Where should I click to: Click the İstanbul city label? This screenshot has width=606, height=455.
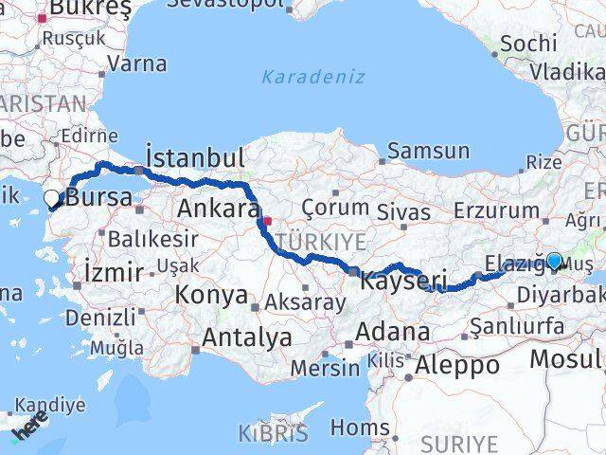pos(195,157)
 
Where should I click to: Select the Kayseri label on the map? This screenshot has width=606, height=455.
pos(404,281)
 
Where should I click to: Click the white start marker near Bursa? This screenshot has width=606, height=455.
pos(52,199)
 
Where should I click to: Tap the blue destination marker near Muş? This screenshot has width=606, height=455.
pos(553,262)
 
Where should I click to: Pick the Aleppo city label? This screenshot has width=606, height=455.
pos(457,365)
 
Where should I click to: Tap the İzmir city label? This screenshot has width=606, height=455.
pos(114,273)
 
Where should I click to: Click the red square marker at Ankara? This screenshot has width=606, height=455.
pos(268,222)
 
